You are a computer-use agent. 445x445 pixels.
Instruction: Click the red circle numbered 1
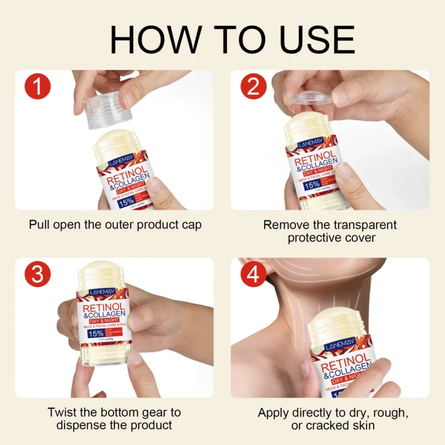click(x=38, y=88)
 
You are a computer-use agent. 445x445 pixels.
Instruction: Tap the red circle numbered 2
click(x=254, y=88)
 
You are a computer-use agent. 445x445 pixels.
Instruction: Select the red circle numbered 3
click(x=38, y=276)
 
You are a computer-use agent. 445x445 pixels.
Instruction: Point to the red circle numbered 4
click(x=254, y=276)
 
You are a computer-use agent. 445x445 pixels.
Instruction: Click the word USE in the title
click(x=317, y=39)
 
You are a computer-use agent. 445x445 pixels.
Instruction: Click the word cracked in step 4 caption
click(x=329, y=426)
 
